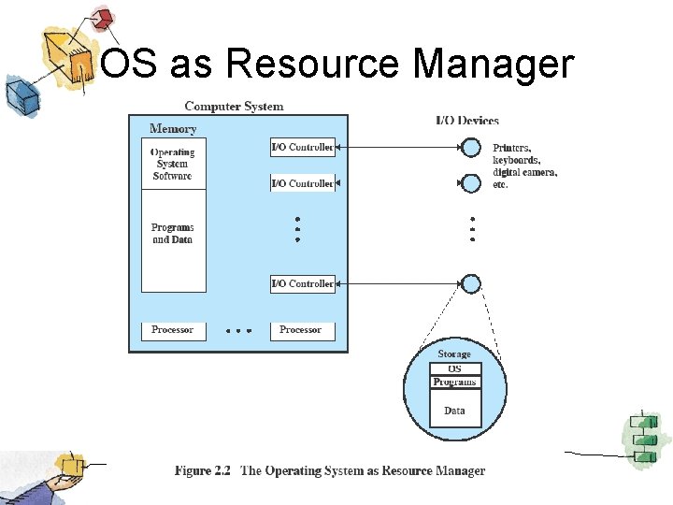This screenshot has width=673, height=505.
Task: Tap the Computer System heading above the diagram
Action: (x=234, y=107)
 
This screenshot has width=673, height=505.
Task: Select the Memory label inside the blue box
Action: (x=173, y=129)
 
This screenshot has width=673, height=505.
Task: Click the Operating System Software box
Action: (x=173, y=164)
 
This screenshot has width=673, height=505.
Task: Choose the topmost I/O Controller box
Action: (x=302, y=148)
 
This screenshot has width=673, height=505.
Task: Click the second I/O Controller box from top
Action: (x=302, y=183)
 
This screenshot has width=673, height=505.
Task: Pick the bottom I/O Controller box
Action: (x=302, y=283)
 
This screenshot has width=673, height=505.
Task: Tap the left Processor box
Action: (x=173, y=330)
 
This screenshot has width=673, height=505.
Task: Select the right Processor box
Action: (x=301, y=330)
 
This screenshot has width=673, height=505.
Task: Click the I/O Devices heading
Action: (x=467, y=120)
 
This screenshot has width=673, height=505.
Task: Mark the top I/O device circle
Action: (x=471, y=148)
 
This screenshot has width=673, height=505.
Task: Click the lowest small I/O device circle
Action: (x=471, y=283)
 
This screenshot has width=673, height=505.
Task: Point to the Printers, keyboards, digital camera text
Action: (x=524, y=166)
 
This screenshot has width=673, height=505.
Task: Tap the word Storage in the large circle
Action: (x=455, y=354)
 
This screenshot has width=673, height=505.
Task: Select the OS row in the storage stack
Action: (x=455, y=368)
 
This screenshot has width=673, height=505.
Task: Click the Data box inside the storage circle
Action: (x=455, y=411)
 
